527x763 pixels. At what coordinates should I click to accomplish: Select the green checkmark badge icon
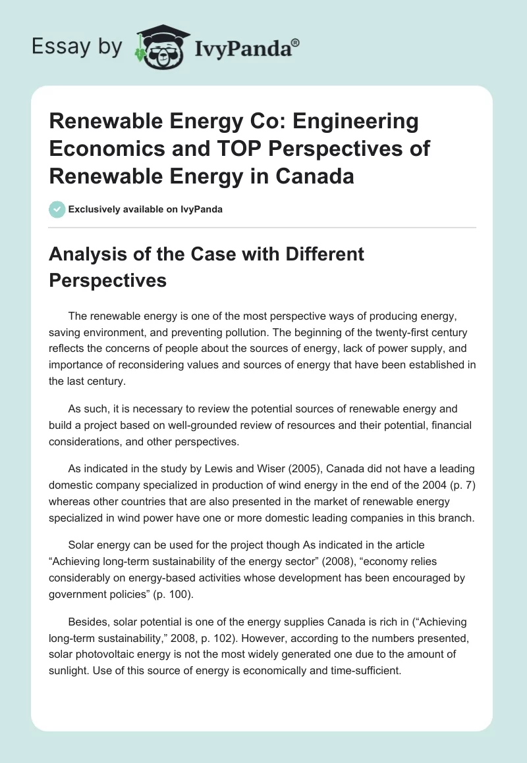pyautogui.click(x=57, y=210)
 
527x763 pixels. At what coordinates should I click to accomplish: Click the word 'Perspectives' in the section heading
pyautogui.click(x=108, y=280)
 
